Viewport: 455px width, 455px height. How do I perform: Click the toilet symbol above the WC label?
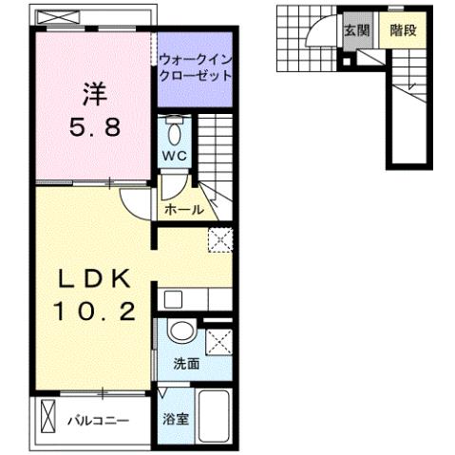click(174, 129)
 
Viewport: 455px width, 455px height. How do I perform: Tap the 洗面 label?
click(185, 364)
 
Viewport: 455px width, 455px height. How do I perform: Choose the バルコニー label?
click(98, 419)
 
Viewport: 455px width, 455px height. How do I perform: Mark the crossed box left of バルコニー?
click(48, 418)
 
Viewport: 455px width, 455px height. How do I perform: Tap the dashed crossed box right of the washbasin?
click(218, 339)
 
